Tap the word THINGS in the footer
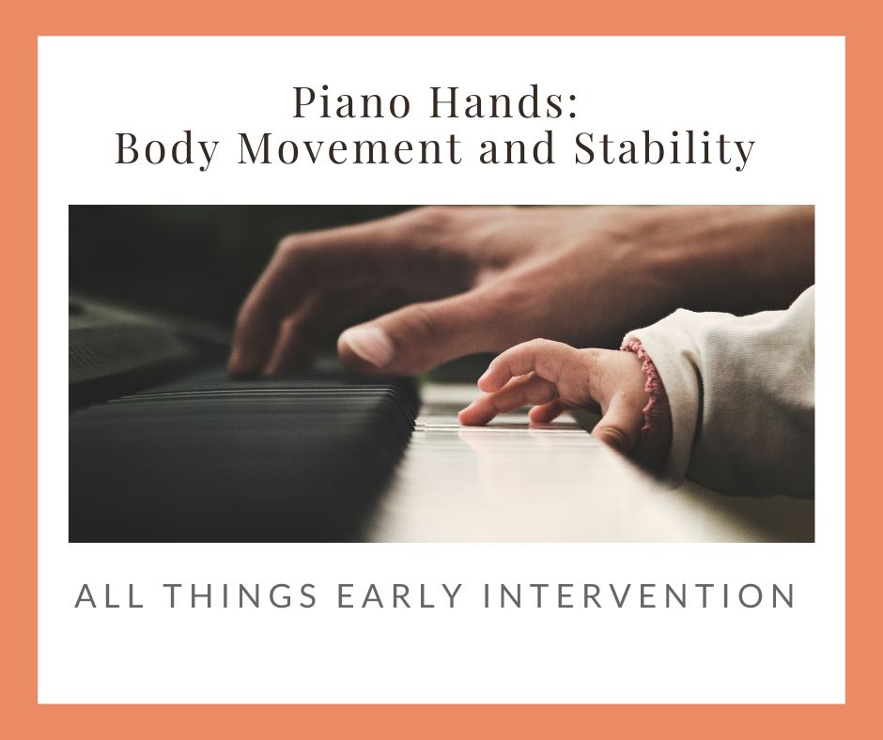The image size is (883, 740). tap(230, 596)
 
